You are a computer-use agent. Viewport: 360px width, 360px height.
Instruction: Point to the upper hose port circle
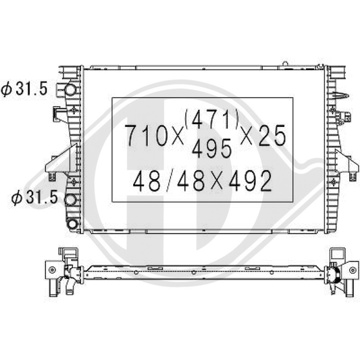[x=69, y=90]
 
